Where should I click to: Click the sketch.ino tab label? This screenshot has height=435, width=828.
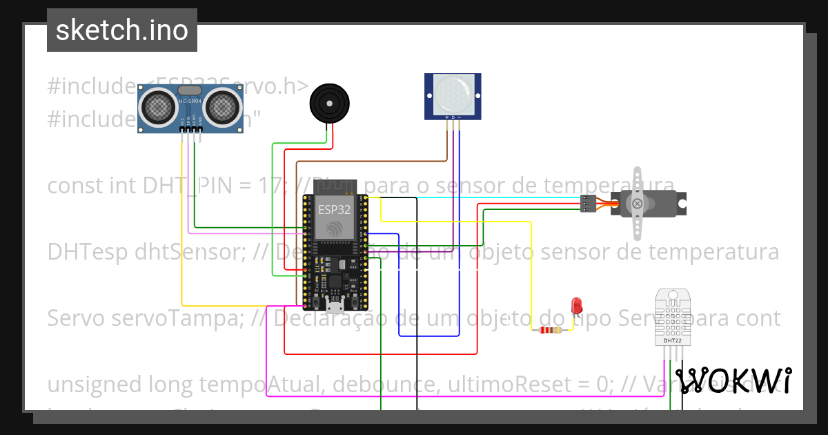pos(122,30)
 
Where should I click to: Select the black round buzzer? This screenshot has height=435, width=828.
pos(326,103)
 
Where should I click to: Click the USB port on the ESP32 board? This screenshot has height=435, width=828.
pos(336,304)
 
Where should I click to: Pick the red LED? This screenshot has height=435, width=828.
pos(577,304)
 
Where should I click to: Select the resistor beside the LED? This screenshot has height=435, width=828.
pos(550,331)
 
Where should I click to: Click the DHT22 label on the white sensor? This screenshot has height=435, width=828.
pos(673,340)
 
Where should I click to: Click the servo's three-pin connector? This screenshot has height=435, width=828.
pos(588,204)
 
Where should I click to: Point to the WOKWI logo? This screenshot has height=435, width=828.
pos(733,380)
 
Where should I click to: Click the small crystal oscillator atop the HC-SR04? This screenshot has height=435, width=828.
pos(190,90)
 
